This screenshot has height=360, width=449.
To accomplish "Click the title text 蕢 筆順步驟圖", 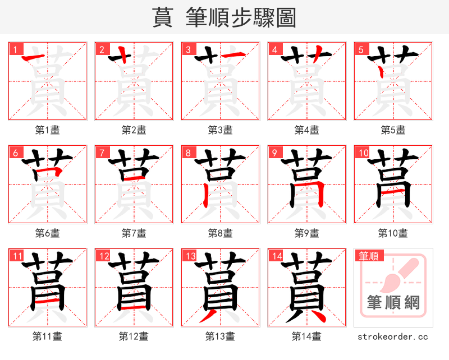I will (x=224, y=17).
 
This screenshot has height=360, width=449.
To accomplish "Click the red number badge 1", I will (x=15, y=49).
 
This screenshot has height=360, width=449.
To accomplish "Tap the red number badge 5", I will (x=360, y=49).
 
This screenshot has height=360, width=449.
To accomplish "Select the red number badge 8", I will (x=187, y=153).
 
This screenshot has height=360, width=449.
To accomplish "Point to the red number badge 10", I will (x=362, y=153).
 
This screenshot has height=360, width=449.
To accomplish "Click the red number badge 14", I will (x=276, y=256).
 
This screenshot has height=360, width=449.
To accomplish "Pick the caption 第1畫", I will (x=48, y=130).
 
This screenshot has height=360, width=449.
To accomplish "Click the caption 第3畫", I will (x=221, y=130).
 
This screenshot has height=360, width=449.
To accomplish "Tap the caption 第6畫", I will (x=48, y=233).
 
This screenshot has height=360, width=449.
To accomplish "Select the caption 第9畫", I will (x=307, y=233).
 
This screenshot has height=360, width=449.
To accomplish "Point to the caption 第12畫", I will (x=134, y=336).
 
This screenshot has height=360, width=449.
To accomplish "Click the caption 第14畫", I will (x=307, y=336).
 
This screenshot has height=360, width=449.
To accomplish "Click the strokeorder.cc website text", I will (x=393, y=336).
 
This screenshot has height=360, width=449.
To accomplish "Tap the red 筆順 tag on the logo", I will (x=369, y=256).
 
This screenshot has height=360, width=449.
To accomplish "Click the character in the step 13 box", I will (x=221, y=288).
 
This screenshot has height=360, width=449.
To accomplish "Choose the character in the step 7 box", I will (x=134, y=184).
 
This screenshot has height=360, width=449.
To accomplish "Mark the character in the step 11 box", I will (x=48, y=288).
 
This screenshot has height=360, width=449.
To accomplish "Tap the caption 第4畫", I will (x=307, y=130).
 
